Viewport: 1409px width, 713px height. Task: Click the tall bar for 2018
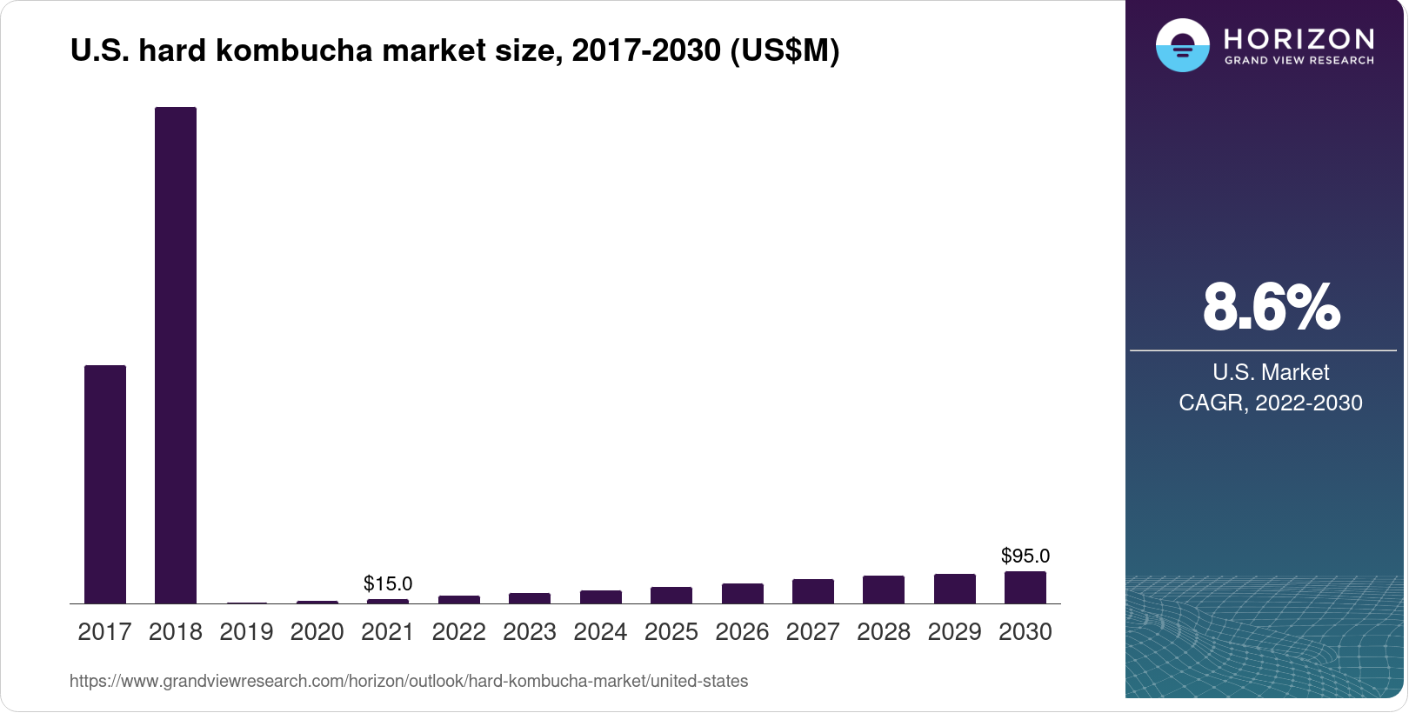(176, 355)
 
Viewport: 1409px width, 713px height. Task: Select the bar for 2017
(105, 483)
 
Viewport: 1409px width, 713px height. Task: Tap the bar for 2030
(1025, 587)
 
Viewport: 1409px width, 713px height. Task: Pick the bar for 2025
(671, 595)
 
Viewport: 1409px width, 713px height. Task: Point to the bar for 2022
(459, 599)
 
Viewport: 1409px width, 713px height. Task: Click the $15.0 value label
(388, 583)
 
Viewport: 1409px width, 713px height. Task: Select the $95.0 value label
(1025, 556)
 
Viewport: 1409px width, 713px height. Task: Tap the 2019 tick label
(246, 632)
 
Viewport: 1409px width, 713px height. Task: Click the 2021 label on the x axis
(388, 632)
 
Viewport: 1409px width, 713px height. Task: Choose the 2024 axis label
(600, 632)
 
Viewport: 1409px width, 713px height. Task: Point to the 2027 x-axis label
(812, 632)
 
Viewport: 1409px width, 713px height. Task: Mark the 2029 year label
(954, 632)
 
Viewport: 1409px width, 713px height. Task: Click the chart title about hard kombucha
(455, 51)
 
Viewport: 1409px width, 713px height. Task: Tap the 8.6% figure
(1271, 307)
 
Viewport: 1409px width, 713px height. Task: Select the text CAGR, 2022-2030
(1271, 403)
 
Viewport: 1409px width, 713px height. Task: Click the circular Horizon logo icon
(1182, 45)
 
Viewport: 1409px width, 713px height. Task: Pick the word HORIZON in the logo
(1299, 38)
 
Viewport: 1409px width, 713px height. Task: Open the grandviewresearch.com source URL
(409, 681)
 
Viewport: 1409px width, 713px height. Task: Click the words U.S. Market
(1271, 372)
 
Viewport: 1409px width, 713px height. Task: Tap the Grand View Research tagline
(1299, 61)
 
